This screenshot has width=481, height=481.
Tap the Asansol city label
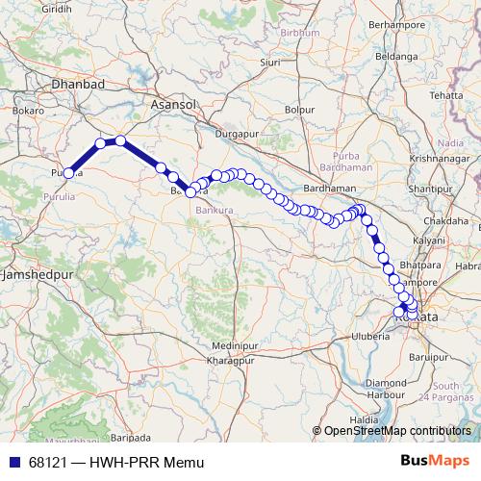tap(175, 102)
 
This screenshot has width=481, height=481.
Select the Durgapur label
tap(240, 134)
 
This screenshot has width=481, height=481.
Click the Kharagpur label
tap(229, 359)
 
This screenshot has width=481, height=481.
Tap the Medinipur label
tap(234, 344)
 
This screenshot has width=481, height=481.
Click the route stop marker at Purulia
tap(68, 173)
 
